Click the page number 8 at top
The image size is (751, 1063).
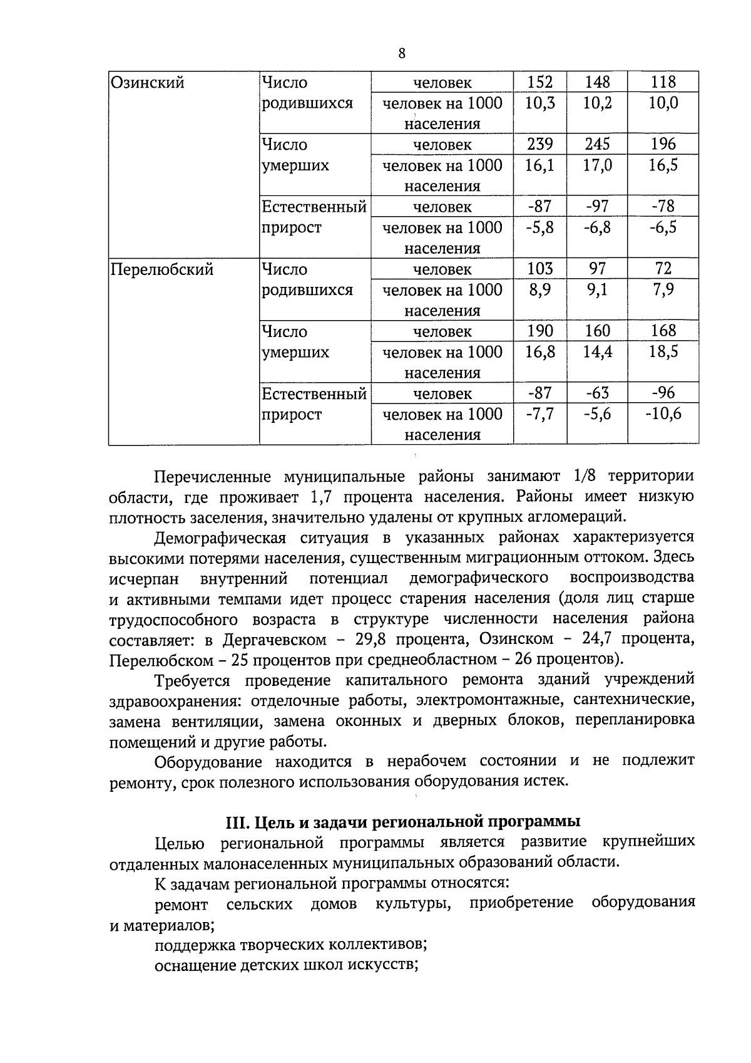click(x=402, y=53)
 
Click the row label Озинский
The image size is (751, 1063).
click(x=147, y=83)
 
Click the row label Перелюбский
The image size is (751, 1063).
click(x=162, y=269)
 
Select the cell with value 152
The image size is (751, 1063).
click(x=539, y=82)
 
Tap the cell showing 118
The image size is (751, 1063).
click(x=663, y=82)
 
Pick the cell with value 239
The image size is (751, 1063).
click(x=539, y=144)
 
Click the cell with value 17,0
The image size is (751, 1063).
click(x=597, y=165)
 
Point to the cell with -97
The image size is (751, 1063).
click(x=597, y=206)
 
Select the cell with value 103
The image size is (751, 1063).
click(x=539, y=269)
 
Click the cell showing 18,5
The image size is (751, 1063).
click(x=663, y=352)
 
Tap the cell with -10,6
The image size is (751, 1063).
click(x=663, y=414)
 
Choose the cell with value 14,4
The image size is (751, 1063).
click(x=597, y=352)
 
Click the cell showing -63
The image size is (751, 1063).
click(x=597, y=393)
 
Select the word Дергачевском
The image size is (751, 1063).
click(x=275, y=640)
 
